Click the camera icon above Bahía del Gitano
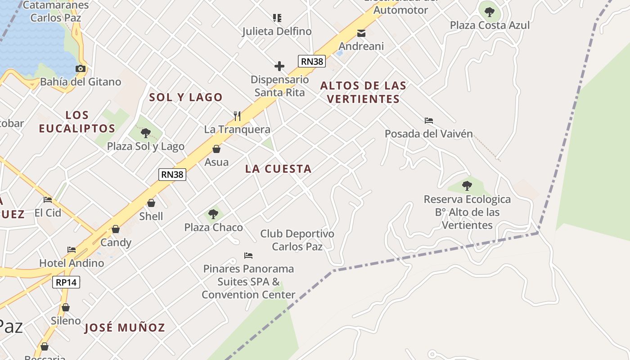pos(81,69)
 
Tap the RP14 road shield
pos(66,282)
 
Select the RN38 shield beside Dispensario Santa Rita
pos(311,61)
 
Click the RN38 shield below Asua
pos(172,174)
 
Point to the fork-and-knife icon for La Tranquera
pos(237,116)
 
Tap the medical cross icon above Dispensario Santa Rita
pos(279,67)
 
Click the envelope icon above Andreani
pos(361,33)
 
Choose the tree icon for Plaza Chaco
pos(213,214)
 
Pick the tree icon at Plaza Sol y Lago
pos(145,133)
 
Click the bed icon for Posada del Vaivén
pos(428,121)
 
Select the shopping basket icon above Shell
pos(151,203)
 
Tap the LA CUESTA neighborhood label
pos(278,169)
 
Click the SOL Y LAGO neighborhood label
pos(186,97)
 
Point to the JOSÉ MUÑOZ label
pos(125,328)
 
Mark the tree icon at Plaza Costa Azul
pos(490,12)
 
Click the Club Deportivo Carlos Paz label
pos(297,240)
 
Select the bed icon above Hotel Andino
pos(72,250)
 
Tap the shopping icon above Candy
pos(116,229)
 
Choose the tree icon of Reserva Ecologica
pos(467,185)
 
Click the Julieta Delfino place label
pos(277,31)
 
